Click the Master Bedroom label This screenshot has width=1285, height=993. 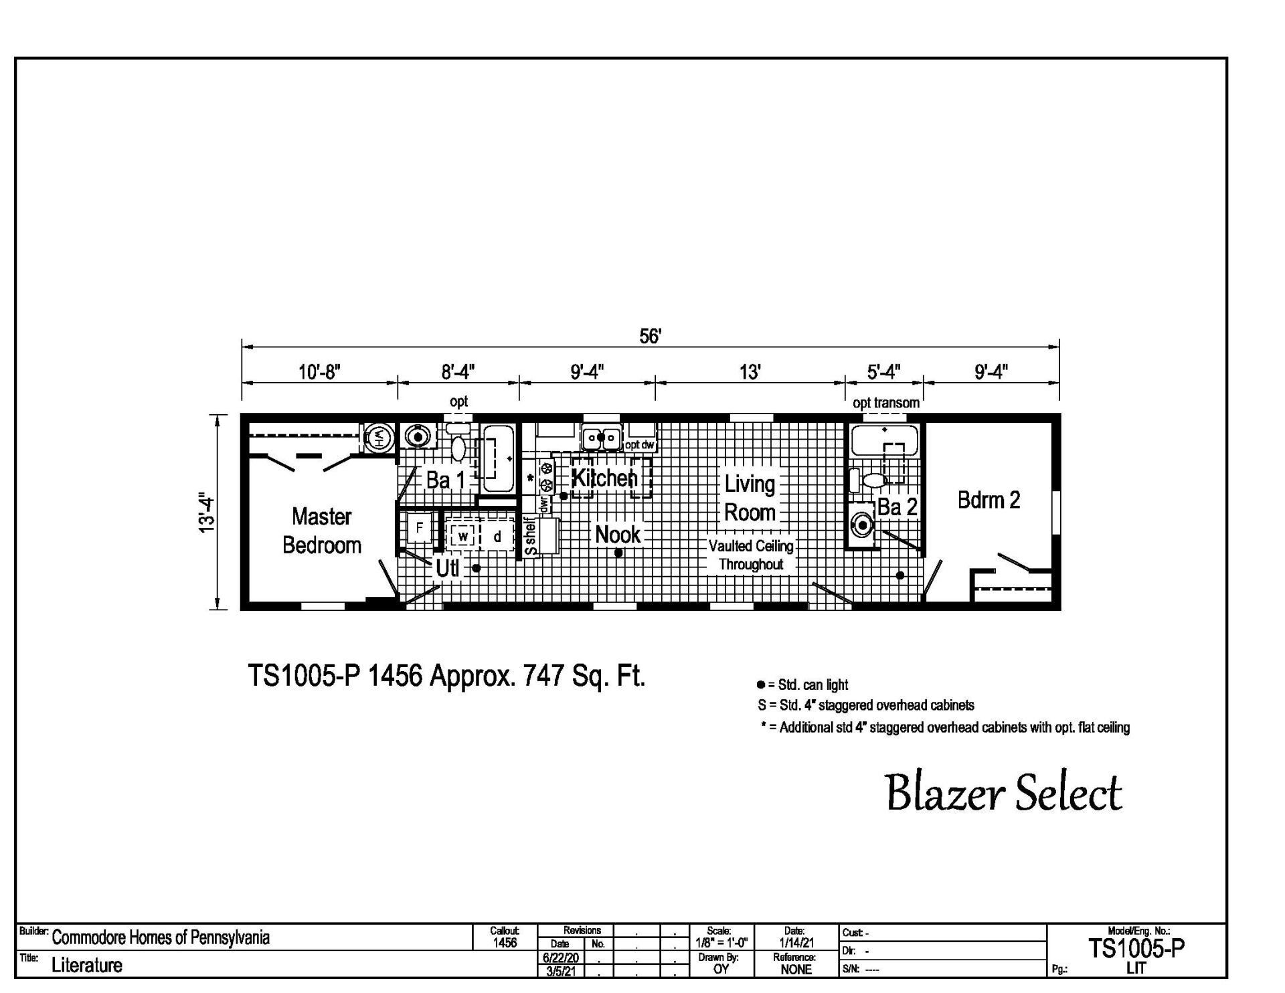322,531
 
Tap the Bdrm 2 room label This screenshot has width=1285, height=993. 989,500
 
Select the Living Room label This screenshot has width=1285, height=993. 750,498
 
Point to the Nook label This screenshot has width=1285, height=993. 618,535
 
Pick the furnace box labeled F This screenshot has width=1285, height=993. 420,528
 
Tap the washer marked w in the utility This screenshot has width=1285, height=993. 462,536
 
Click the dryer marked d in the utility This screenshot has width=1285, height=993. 497,536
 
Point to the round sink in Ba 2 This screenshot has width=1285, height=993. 863,525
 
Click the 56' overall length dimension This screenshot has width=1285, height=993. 650,336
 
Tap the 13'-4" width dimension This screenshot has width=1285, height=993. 207,513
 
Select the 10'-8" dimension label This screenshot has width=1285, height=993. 319,371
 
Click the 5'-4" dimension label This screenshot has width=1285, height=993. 884,371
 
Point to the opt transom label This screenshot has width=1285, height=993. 885,403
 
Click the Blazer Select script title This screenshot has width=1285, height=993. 1004,794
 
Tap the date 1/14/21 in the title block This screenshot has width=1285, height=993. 796,943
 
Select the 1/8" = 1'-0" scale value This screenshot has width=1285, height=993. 721,943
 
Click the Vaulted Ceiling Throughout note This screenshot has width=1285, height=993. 751,555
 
